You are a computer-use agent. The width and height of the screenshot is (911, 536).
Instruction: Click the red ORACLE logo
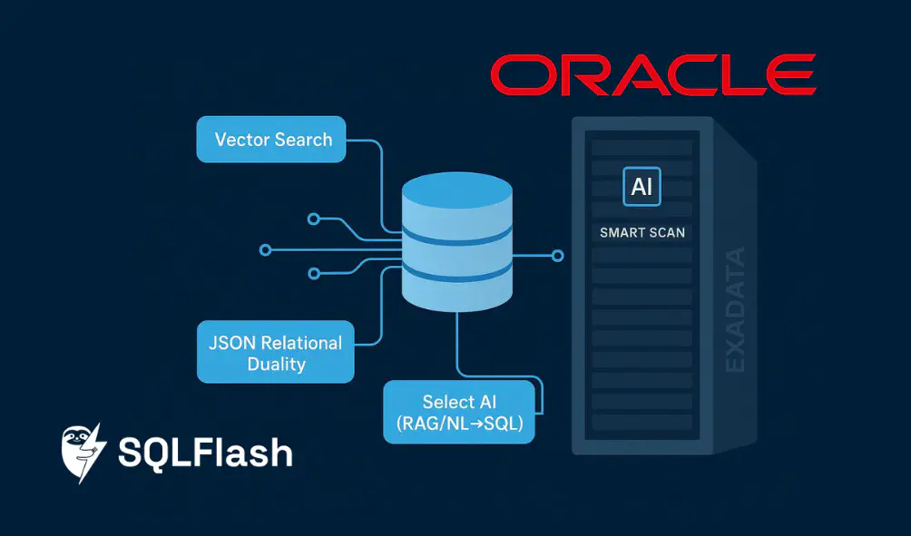tap(652, 74)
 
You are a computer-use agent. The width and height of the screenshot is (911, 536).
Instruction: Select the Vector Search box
tap(272, 140)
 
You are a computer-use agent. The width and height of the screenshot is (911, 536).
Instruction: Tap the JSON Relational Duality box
tap(275, 352)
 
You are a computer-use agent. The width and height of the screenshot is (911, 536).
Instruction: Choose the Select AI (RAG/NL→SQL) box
tap(459, 412)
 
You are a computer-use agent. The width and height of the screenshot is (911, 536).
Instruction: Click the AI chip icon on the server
tap(642, 187)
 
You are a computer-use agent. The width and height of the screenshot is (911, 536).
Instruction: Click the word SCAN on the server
tap(666, 233)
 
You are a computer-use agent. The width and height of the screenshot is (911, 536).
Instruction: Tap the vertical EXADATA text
tap(735, 309)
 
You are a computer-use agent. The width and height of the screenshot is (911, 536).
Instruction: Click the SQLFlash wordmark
tap(205, 452)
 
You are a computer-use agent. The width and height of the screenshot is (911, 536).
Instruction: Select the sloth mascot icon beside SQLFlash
tap(84, 450)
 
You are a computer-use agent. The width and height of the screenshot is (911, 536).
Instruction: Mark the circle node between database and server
tap(558, 257)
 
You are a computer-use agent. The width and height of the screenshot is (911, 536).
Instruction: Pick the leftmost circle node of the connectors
tap(265, 249)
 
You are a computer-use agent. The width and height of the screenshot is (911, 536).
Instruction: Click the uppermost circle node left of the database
tap(313, 219)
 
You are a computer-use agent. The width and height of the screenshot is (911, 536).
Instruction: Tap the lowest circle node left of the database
tap(314, 272)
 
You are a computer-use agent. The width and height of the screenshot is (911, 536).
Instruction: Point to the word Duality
tap(276, 364)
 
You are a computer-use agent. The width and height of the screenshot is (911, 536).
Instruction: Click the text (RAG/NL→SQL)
tap(460, 424)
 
